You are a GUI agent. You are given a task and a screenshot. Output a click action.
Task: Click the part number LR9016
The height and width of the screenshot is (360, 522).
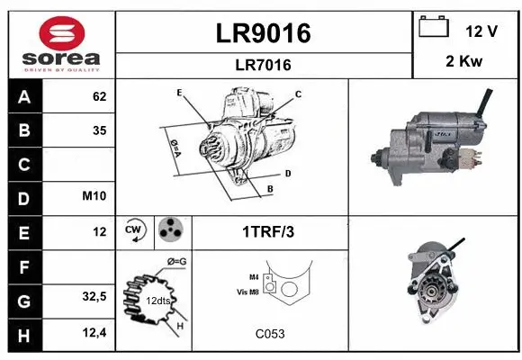click(264, 33)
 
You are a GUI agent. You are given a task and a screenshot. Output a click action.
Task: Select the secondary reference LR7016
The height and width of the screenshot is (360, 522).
click(264, 65)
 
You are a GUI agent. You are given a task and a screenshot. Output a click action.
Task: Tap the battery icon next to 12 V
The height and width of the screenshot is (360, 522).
click(434, 27)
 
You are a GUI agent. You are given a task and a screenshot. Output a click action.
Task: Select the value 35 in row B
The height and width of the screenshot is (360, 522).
click(99, 130)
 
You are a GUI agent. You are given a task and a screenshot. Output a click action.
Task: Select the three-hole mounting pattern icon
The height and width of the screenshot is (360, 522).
click(171, 231)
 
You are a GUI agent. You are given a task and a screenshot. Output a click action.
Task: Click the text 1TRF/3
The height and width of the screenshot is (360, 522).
click(268, 232)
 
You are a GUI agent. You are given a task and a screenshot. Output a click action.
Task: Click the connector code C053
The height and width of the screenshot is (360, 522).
click(270, 334)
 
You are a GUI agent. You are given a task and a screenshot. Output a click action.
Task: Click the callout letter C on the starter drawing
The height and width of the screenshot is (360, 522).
click(298, 94)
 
